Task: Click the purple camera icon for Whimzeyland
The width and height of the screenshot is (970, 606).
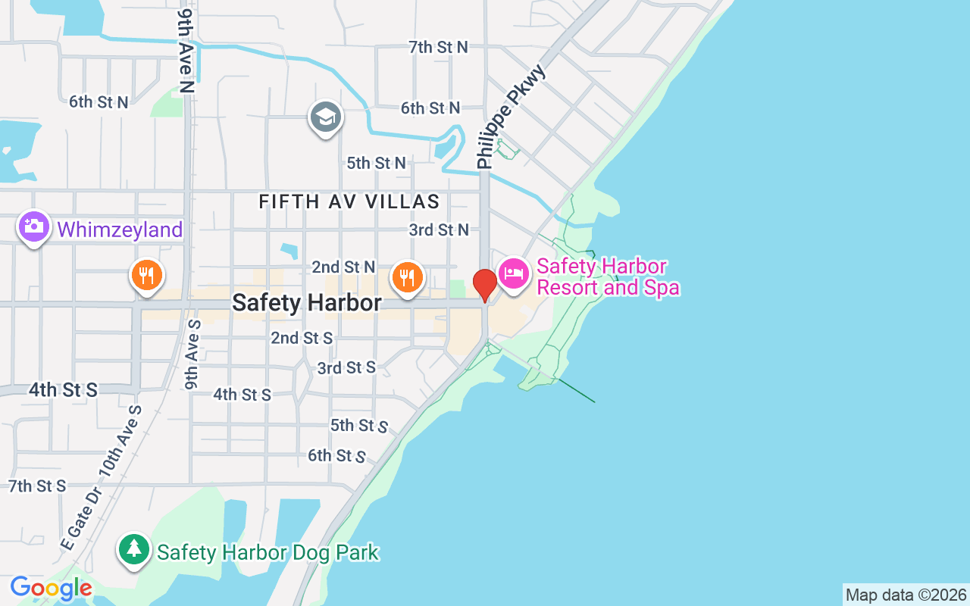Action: click(34, 226)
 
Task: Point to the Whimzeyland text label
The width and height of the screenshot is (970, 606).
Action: click(120, 230)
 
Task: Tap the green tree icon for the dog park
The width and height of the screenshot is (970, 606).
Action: click(134, 548)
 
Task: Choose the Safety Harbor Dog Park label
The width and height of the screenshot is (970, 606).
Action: click(268, 552)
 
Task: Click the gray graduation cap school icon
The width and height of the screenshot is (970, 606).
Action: click(326, 117)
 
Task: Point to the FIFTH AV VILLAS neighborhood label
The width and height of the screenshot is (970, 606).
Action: click(349, 201)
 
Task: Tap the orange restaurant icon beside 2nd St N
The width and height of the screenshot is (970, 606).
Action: click(407, 276)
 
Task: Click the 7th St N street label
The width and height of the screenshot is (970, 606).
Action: click(438, 47)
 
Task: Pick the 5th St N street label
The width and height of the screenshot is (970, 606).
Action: click(376, 163)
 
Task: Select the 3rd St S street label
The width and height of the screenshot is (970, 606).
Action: click(346, 367)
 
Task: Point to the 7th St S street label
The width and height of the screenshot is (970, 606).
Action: click(37, 486)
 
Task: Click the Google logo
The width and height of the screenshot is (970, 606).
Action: click(51, 588)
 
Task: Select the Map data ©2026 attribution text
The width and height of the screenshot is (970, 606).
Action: click(906, 595)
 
